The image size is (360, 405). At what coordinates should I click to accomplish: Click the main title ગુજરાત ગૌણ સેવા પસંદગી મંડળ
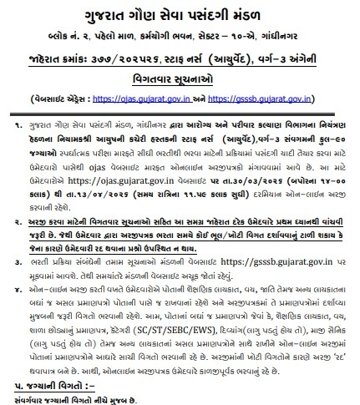click(x=180, y=17)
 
